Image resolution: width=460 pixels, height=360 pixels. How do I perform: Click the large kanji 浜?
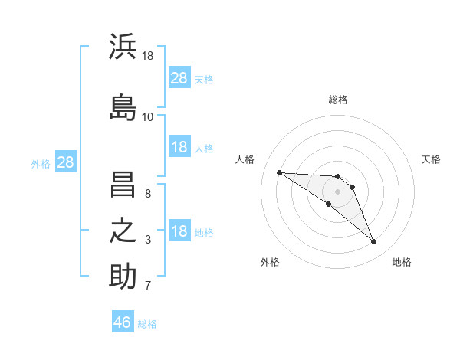[123, 46]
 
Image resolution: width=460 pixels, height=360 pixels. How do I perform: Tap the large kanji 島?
[123, 107]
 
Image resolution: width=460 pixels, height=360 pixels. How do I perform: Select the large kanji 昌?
[123, 185]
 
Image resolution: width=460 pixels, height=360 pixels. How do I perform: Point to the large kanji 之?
[123, 231]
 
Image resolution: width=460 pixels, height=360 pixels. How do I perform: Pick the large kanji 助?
[123, 276]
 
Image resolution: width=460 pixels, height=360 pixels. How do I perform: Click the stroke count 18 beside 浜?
[147, 56]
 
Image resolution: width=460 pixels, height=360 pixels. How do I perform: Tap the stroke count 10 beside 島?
[147, 117]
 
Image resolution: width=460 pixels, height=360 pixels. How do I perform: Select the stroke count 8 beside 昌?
[148, 194]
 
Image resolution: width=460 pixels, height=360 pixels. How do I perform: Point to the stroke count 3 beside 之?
[148, 240]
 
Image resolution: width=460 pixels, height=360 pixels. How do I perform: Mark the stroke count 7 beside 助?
[148, 286]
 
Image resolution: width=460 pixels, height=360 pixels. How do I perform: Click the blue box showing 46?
[123, 321]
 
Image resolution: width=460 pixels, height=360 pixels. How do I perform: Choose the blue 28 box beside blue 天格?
[180, 77]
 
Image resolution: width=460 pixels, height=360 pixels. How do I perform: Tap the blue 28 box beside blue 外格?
[66, 162]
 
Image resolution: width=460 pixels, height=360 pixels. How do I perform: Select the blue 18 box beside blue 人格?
[180, 146]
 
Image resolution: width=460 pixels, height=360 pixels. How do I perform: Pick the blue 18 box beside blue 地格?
[180, 230]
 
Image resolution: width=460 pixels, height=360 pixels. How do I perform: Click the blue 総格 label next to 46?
[147, 324]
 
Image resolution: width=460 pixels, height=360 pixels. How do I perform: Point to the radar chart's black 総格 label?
[338, 100]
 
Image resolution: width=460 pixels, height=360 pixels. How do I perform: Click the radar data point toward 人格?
[280, 172]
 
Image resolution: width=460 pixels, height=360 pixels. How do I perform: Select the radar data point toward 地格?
[374, 241]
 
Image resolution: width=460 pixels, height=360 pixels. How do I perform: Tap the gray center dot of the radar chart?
[337, 191]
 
